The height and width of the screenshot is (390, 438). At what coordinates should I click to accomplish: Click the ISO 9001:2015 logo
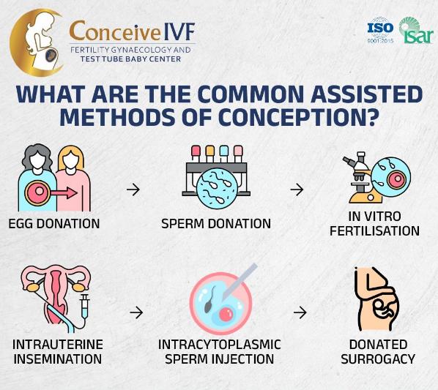click(380, 30)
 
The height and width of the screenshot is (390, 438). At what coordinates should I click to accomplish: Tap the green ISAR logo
click(415, 30)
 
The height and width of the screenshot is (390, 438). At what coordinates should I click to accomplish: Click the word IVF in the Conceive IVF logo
click(179, 31)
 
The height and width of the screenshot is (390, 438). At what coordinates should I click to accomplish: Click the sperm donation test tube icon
click(216, 176)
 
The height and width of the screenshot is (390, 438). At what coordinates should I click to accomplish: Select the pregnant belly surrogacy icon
click(376, 299)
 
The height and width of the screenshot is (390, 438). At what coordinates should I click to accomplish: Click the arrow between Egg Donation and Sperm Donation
click(133, 190)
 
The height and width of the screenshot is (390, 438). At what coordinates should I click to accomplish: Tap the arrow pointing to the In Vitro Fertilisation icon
click(297, 190)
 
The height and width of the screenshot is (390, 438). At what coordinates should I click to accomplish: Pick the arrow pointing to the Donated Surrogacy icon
click(300, 312)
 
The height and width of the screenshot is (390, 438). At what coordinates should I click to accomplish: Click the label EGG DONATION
click(54, 224)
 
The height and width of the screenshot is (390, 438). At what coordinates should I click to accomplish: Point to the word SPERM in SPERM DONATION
click(182, 224)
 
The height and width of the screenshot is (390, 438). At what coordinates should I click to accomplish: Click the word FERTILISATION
click(374, 231)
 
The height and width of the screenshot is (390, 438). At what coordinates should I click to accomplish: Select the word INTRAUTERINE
click(58, 345)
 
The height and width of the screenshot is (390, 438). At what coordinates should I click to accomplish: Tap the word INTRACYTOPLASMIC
click(220, 345)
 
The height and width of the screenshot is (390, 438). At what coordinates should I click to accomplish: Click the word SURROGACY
click(378, 359)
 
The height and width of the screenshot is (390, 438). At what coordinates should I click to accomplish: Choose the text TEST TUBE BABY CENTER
click(130, 59)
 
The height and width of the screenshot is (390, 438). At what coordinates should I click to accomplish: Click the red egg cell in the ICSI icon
click(226, 314)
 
